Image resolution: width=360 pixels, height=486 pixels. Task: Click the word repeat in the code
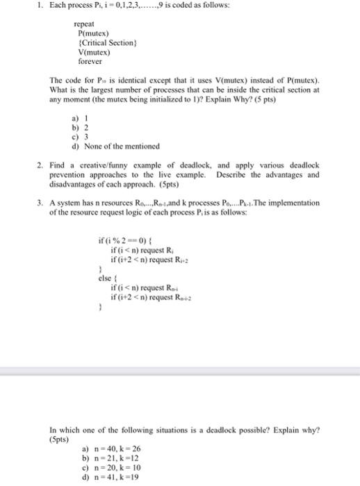(84, 33)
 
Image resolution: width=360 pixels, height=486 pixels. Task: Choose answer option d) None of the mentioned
(111, 145)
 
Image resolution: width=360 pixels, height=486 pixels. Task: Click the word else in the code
(106, 278)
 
